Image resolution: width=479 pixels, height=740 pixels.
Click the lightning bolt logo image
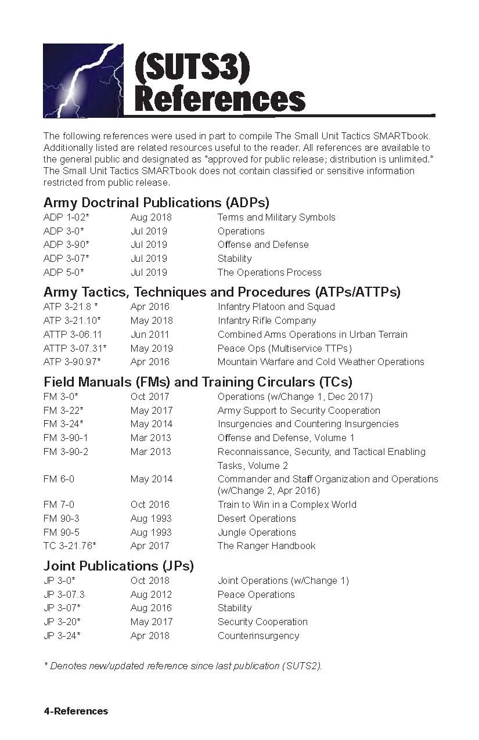pos(83,80)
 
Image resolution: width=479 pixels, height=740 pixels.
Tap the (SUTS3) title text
pos(192,66)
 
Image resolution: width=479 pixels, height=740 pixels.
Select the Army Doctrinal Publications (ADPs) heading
pos(156,203)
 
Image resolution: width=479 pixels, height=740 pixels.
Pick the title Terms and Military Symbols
pos(276,218)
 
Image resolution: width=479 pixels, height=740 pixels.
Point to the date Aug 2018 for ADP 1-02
pos(151,218)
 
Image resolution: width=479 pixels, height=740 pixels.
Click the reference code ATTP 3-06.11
pos(73,334)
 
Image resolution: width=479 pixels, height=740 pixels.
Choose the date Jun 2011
pos(150,334)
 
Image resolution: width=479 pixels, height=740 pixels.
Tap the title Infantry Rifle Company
pos(266,320)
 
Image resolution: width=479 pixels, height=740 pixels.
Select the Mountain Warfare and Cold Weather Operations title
pos(320,362)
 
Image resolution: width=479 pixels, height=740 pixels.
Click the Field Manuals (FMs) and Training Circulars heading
pos(198,382)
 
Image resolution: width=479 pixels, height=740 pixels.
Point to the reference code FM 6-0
pos(59,479)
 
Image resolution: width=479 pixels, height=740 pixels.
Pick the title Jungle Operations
pos(257,532)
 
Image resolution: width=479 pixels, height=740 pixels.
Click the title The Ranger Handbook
pos(266,546)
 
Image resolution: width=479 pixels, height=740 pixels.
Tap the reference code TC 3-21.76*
pos(70,546)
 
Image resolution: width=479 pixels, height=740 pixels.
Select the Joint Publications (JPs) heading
pos(118,565)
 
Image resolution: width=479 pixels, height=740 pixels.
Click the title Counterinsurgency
pos(258,636)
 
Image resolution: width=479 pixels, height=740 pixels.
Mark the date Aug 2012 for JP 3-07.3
pos(151,594)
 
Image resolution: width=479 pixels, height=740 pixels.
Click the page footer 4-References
pos(75,711)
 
